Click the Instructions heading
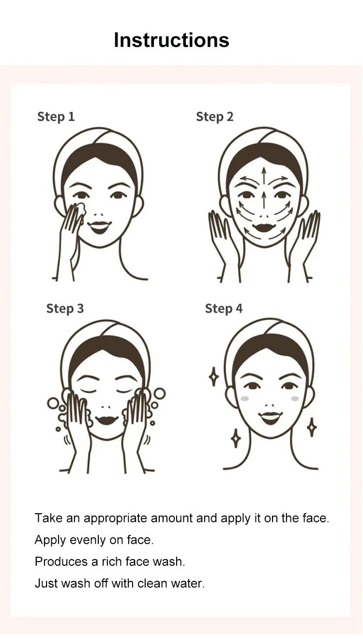pyautogui.click(x=171, y=40)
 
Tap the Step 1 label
pyautogui.click(x=56, y=117)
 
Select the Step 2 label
pyautogui.click(x=214, y=117)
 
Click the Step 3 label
pyautogui.click(x=65, y=309)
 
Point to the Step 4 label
pyautogui.click(x=224, y=309)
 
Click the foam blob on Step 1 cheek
pyautogui.click(x=81, y=210)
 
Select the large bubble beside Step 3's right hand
pyautogui.click(x=160, y=394)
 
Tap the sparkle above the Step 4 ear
pyautogui.click(x=213, y=377)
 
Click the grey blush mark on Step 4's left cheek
pyautogui.click(x=245, y=398)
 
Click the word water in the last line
pyautogui.click(x=188, y=583)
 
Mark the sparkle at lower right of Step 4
pyautogui.click(x=312, y=427)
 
